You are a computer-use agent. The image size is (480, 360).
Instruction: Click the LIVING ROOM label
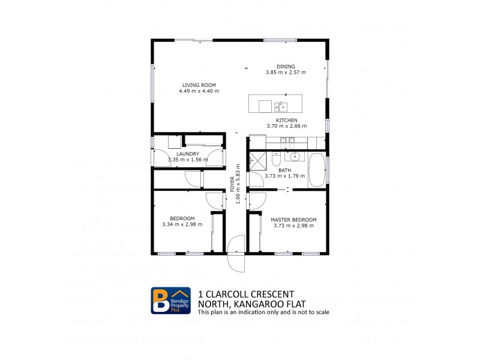(199, 85)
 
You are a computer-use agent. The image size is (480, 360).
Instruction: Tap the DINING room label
(286, 67)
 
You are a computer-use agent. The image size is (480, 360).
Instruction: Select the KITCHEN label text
(286, 120)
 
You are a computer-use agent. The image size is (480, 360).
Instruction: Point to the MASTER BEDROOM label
(294, 220)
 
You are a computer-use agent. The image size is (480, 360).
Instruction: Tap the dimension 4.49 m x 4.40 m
(199, 91)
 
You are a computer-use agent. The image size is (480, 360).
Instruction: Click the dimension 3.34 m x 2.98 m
(182, 224)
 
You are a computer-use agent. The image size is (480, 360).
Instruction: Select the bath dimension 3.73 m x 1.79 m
(285, 176)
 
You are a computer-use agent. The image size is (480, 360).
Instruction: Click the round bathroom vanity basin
(295, 157)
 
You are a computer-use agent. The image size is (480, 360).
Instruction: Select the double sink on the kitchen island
(281, 107)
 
